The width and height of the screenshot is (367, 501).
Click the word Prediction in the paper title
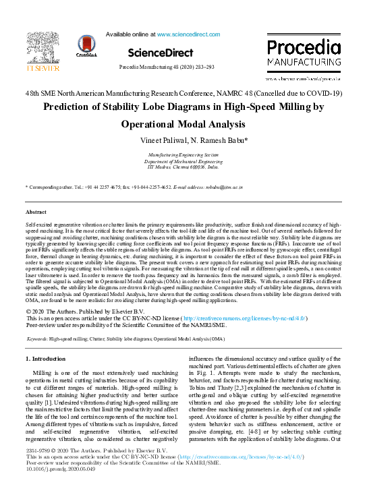click(72, 107)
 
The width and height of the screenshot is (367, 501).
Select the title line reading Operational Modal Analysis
click(183, 125)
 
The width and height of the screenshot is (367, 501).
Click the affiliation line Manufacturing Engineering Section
click(183, 155)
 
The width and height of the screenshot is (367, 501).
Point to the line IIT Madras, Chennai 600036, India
click(183, 167)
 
